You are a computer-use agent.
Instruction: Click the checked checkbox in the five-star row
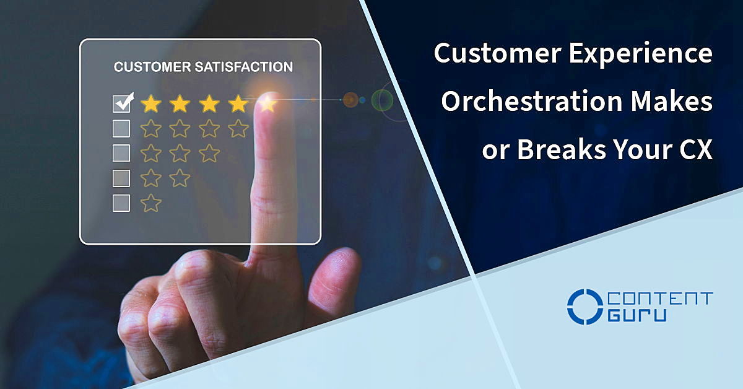point(122,103)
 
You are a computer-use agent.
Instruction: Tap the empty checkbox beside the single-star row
point(121,203)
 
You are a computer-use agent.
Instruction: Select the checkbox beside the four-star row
point(121,128)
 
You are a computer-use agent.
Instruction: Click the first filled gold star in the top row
point(150,103)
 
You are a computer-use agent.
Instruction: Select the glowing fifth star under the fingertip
point(267,103)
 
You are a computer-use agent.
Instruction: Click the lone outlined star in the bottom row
point(150,203)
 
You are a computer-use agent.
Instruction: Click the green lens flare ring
point(382,100)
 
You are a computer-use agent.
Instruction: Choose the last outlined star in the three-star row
point(209,153)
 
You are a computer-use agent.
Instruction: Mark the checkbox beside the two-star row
point(121,178)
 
